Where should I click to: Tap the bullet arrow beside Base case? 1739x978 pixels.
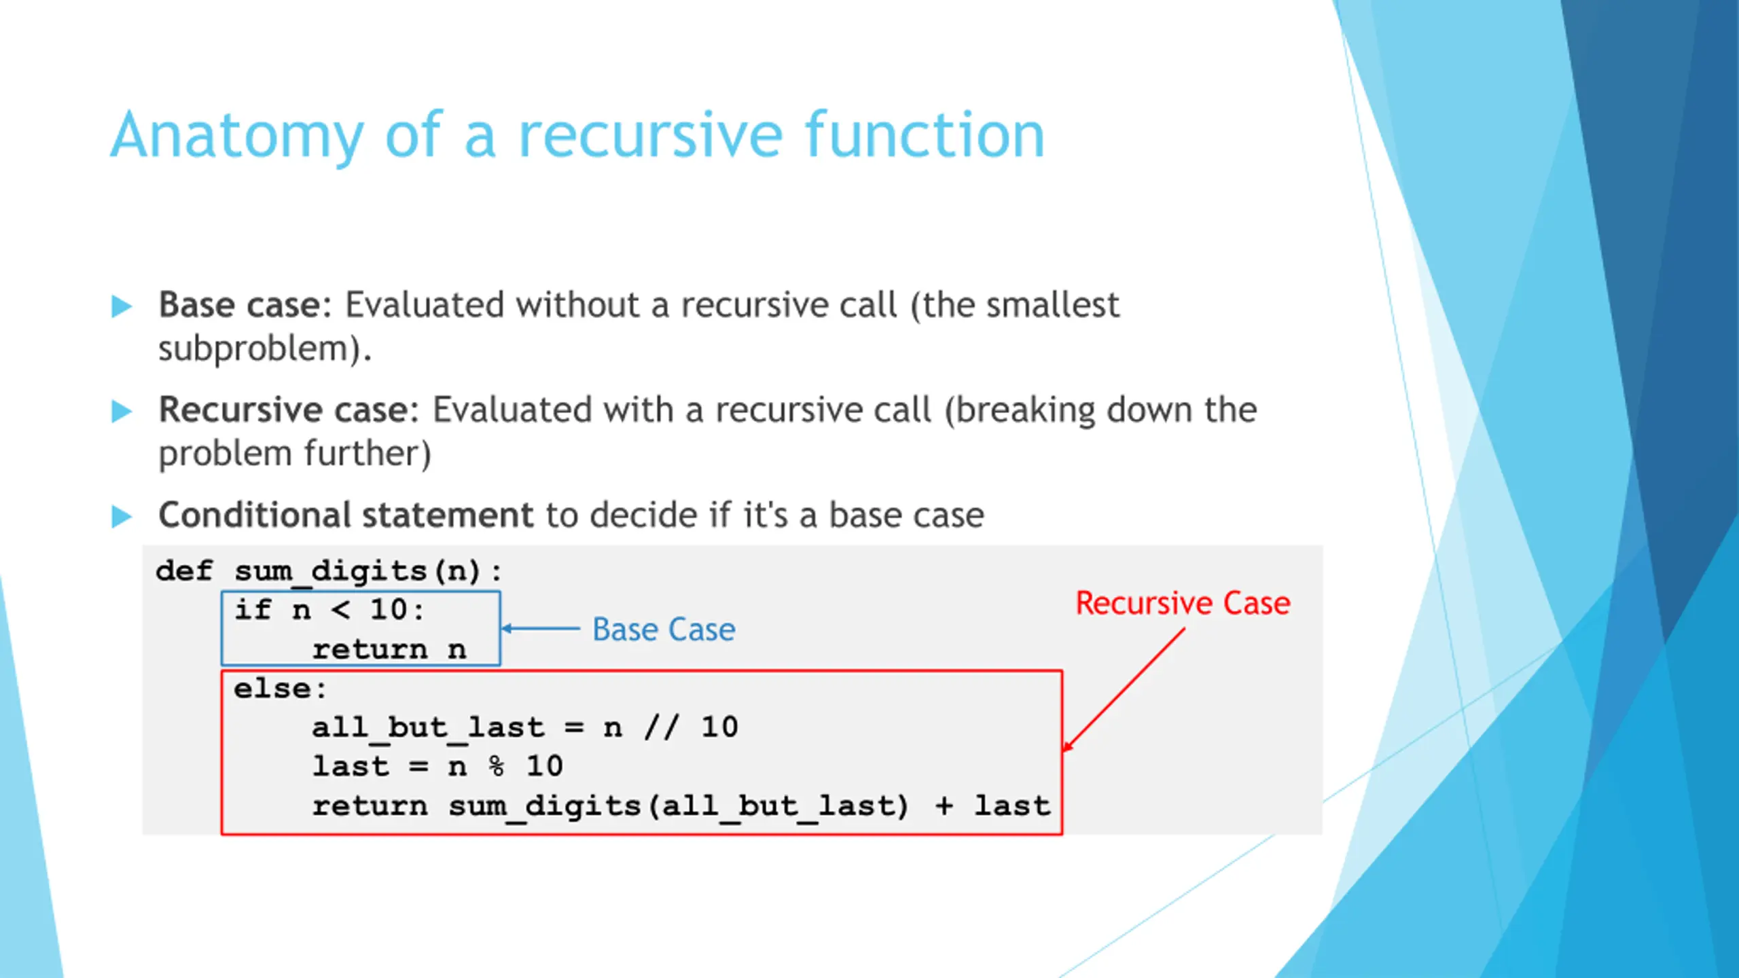[122, 306]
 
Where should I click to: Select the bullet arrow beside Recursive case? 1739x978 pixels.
[122, 411]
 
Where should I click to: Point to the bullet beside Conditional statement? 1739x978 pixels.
[122, 516]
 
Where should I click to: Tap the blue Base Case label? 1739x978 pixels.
[664, 629]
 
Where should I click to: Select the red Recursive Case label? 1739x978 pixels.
[1183, 603]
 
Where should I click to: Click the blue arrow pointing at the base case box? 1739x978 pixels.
[541, 628]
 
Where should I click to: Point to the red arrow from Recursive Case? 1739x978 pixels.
[1124, 689]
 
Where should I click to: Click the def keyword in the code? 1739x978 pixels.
[184, 570]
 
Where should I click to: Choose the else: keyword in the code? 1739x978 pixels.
[280, 689]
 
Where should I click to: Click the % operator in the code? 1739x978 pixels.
[497, 767]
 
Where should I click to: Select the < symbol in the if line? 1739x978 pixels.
[340, 610]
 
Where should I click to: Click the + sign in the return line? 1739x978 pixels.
[944, 805]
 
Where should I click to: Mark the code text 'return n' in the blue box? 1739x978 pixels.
[389, 649]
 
